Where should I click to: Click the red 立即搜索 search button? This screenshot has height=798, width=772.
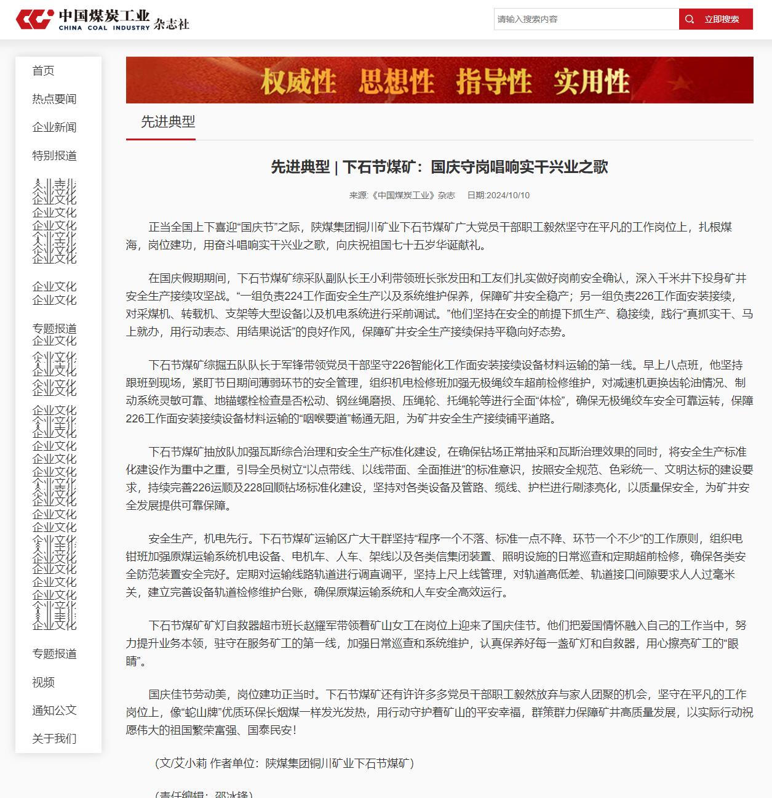[x=715, y=19]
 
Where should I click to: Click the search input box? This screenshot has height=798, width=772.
[x=586, y=19]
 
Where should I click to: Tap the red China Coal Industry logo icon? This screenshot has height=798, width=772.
[x=34, y=19]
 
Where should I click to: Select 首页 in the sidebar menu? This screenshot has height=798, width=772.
[x=43, y=71]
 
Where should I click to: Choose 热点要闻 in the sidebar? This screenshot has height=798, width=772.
[x=54, y=99]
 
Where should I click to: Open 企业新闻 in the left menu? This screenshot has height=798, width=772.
[x=54, y=127]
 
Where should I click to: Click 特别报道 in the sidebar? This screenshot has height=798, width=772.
[x=54, y=156]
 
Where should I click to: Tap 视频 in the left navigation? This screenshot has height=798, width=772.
[x=43, y=682]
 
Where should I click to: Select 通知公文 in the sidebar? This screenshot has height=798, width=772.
[x=54, y=711]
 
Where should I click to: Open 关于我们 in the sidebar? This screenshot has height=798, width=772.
[x=54, y=739]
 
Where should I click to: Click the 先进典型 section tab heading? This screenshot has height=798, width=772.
[x=168, y=122]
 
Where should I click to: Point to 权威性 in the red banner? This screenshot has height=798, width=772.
[x=298, y=81]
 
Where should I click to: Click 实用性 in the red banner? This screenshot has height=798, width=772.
[x=591, y=81]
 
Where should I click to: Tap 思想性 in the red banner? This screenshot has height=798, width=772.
[x=396, y=81]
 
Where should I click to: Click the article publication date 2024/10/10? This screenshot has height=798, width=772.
[x=498, y=195]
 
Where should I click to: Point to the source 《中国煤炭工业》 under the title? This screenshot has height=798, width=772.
[x=404, y=195]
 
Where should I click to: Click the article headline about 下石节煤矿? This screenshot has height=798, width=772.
[x=439, y=167]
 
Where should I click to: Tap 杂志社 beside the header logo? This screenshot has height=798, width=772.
[x=172, y=24]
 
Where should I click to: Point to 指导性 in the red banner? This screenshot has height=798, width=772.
[x=493, y=81]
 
